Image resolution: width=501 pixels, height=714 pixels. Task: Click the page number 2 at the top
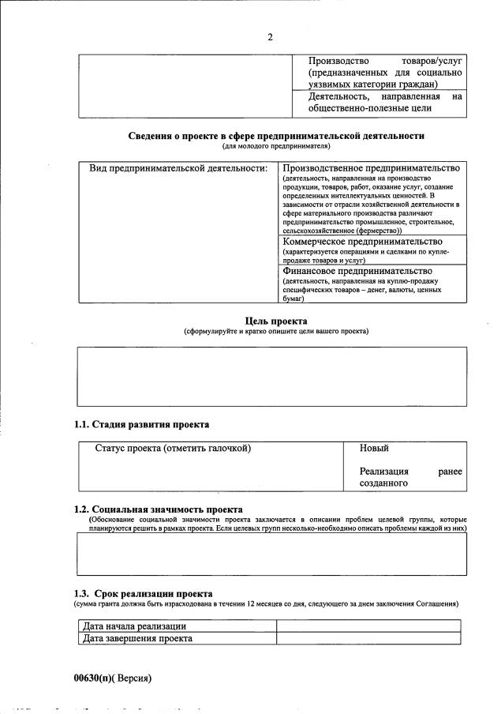coord(270,37)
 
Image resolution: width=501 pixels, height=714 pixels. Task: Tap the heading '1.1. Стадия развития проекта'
coord(141,424)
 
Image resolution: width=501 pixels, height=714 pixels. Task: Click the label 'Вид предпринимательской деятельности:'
coord(178,169)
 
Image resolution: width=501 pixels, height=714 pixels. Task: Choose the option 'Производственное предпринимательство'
coord(371,169)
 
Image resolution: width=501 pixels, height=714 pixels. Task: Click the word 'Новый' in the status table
coord(374,449)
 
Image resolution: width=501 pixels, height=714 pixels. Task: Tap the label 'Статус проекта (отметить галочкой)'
coord(173,449)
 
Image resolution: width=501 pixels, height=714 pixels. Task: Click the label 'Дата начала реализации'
coord(134,626)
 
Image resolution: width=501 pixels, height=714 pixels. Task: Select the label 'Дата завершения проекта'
coord(137,638)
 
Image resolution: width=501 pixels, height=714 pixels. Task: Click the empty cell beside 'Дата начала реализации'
coord(368,626)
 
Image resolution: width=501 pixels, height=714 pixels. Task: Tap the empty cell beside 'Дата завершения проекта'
coord(368,638)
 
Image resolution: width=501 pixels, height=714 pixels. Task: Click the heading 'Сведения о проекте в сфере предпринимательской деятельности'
coord(276,136)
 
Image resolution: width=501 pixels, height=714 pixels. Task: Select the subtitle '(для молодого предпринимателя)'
coord(276,146)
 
